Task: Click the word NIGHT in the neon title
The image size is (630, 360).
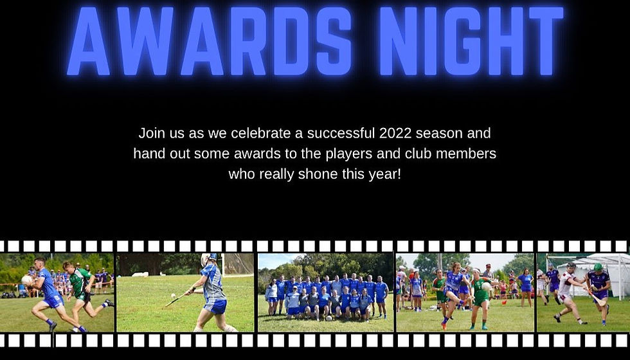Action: point(473,41)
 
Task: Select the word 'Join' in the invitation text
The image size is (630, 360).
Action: point(152,134)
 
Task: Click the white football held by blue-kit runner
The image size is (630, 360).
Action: point(27,280)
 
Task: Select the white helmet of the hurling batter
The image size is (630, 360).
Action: point(206,259)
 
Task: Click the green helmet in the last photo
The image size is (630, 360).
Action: point(597,267)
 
